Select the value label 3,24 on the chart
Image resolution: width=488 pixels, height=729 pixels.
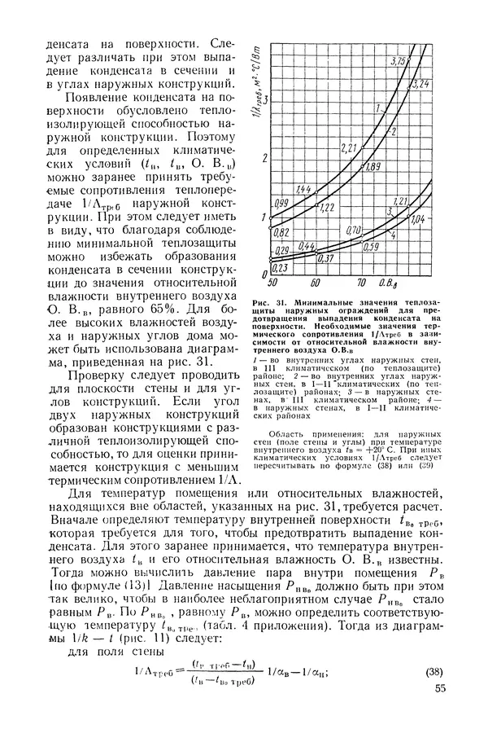(421, 83)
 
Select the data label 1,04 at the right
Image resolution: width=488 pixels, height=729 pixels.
(418, 219)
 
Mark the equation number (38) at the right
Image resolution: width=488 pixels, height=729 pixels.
(436, 672)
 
